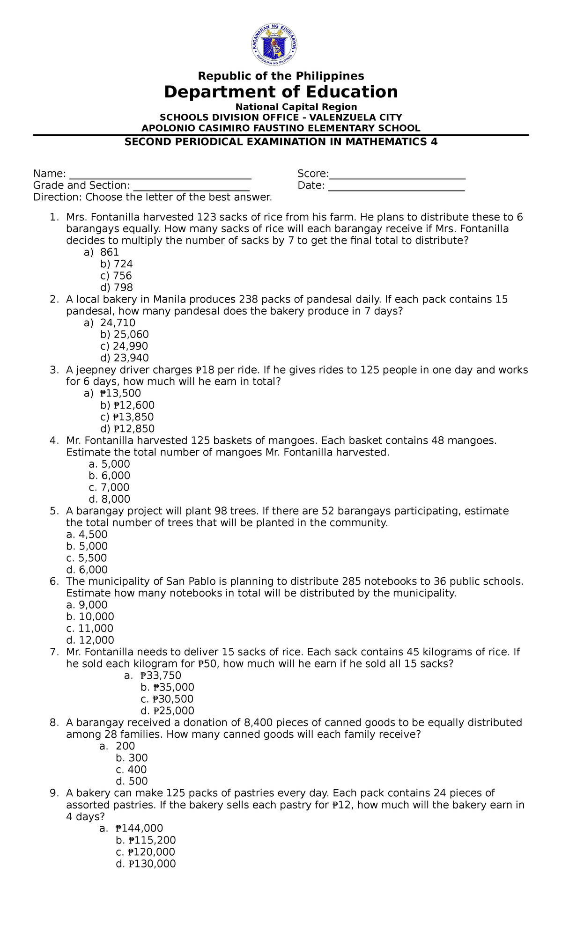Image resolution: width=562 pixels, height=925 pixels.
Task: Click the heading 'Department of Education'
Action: pos(281,92)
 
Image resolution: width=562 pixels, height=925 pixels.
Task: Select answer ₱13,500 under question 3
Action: pos(120,393)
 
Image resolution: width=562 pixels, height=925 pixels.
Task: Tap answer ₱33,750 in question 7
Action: pos(160,675)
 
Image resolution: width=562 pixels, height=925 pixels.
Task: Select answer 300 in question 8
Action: pos(138,757)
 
